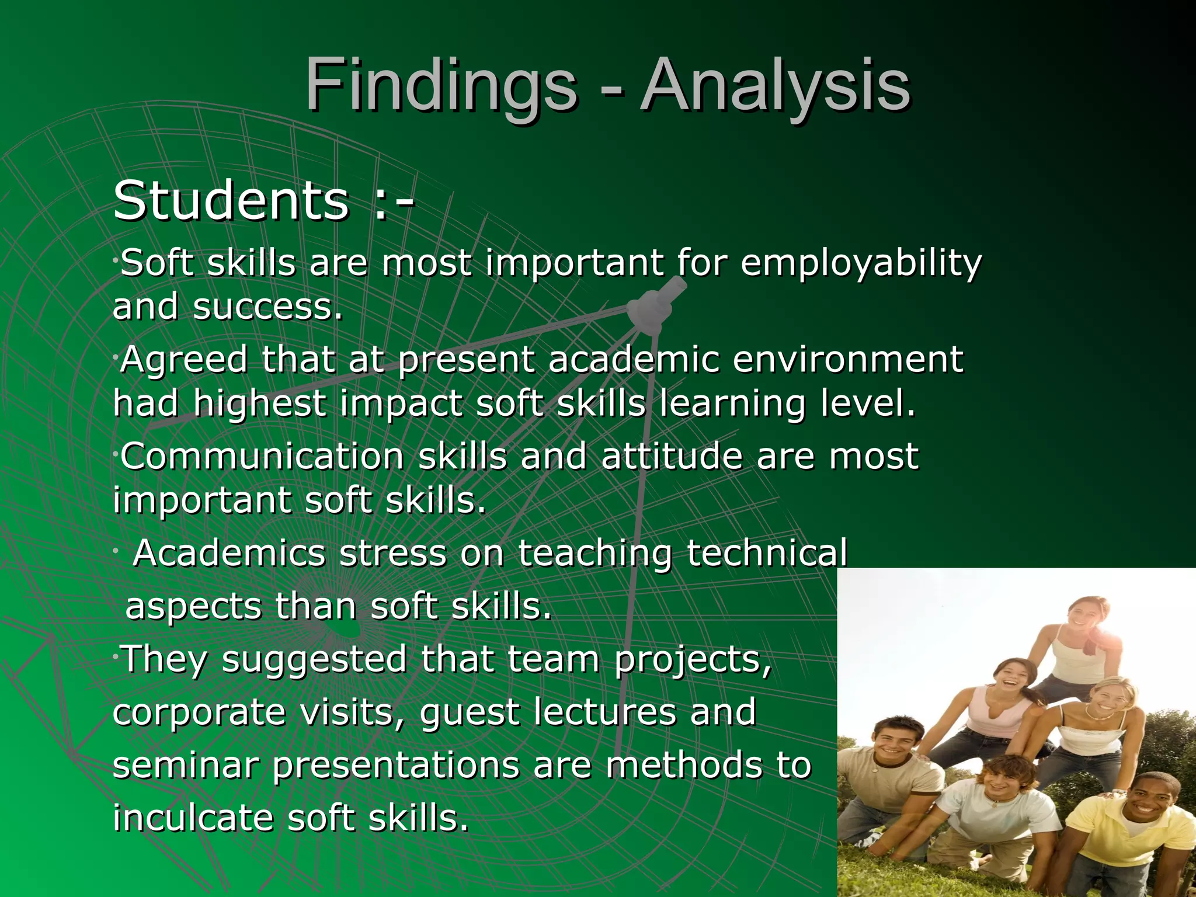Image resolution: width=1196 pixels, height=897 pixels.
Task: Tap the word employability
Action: (861, 263)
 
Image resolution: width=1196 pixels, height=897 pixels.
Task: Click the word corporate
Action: (199, 712)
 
